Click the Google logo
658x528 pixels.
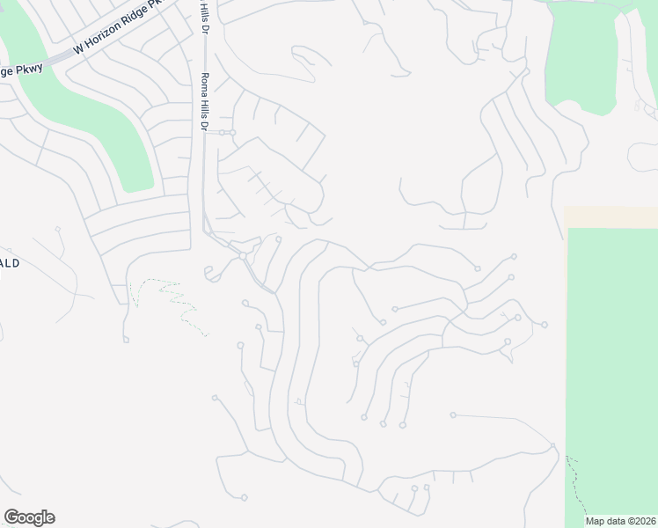(29, 517)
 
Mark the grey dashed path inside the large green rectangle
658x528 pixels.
(579, 484)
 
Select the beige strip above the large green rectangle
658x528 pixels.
(610, 217)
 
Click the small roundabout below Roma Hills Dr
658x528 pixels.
(242, 256)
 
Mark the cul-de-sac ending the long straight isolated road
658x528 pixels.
(453, 414)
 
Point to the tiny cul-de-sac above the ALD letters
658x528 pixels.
(59, 230)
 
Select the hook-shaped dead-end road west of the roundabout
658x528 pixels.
(211, 275)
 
